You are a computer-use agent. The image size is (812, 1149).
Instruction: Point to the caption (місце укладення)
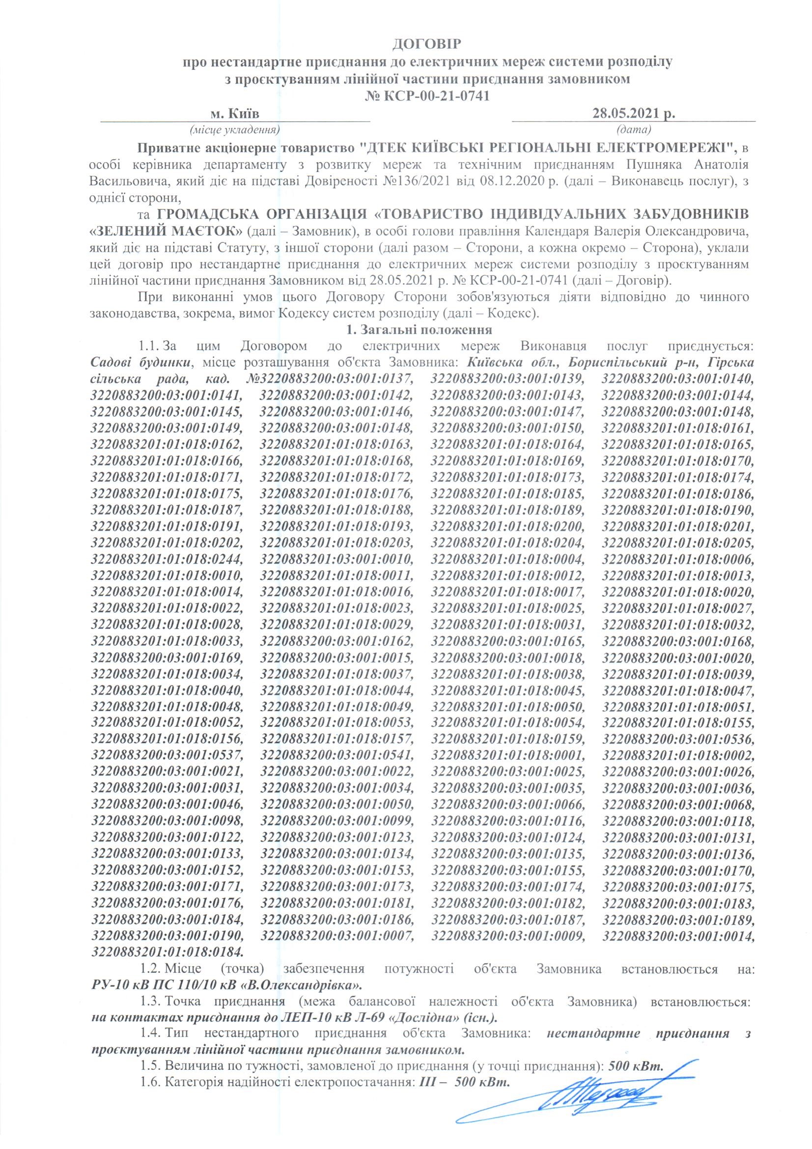[235, 130]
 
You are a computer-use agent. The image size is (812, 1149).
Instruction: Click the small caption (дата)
[634, 130]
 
